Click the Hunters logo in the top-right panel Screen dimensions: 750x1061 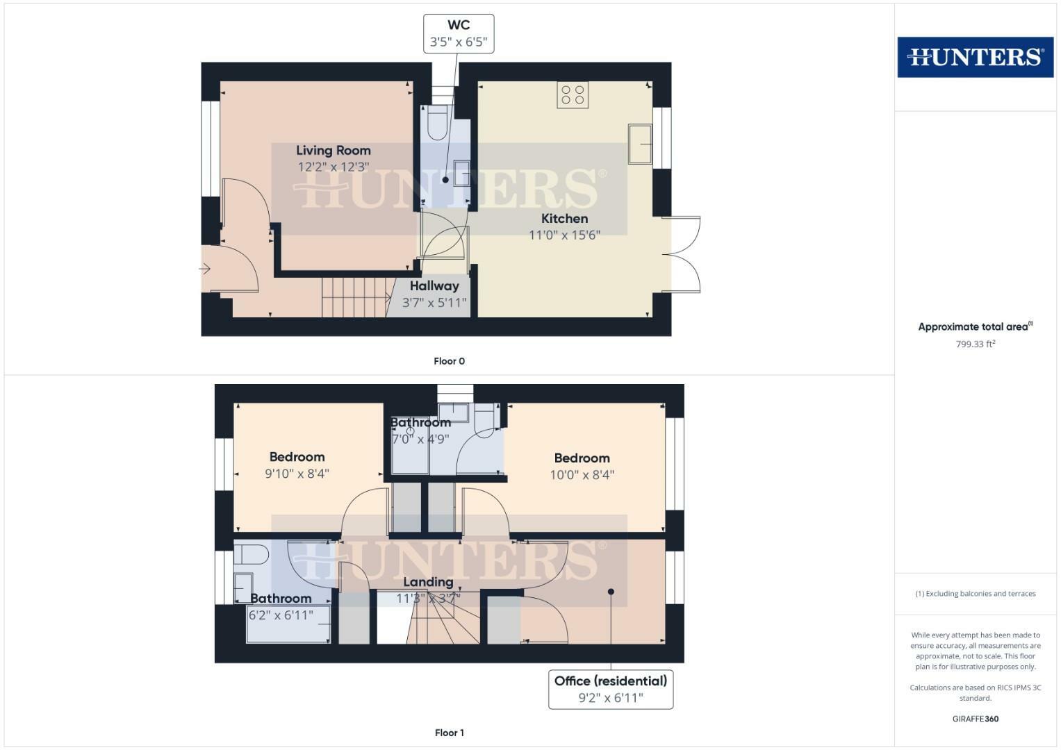tap(975, 57)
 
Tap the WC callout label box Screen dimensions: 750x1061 tap(459, 33)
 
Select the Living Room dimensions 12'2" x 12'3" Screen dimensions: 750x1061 tap(333, 167)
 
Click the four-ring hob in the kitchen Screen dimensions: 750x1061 tap(573, 95)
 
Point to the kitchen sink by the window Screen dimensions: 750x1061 tap(640, 144)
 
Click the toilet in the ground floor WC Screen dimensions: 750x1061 tap(437, 123)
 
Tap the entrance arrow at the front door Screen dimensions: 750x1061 tap(205, 269)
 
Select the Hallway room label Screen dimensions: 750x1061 tap(434, 286)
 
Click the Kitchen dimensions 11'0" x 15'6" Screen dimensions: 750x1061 tap(564, 235)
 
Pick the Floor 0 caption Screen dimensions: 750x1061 tap(449, 361)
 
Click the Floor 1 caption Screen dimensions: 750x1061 tap(449, 733)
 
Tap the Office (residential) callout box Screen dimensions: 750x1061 tap(611, 689)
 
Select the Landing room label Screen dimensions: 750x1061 tap(428, 582)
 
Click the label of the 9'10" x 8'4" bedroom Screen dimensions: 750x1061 tap(297, 457)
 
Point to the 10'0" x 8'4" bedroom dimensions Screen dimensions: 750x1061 tap(582, 475)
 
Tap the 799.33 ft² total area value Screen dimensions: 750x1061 tap(975, 344)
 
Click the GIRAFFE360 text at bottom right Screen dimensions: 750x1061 tap(975, 719)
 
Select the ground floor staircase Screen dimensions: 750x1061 tap(355, 297)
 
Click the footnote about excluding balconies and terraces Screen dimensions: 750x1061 tap(975, 594)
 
